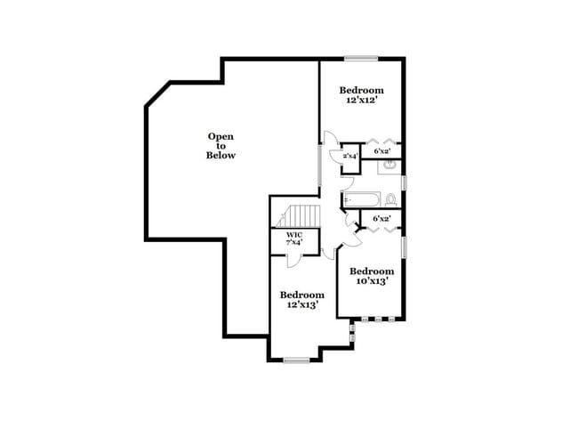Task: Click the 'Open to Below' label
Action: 221,146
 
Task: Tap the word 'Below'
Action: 221,156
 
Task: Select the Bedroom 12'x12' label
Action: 362,95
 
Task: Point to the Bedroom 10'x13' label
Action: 371,276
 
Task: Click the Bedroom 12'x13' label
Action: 301,299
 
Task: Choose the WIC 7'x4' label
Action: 294,239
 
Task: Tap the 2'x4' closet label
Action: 350,157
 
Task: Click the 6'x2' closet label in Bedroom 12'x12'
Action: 383,152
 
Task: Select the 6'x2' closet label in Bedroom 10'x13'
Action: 382,218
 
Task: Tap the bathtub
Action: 362,199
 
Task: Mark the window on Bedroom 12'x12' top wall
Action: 362,59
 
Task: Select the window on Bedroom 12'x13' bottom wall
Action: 296,360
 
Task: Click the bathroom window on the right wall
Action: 404,182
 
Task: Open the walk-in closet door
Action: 294,258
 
